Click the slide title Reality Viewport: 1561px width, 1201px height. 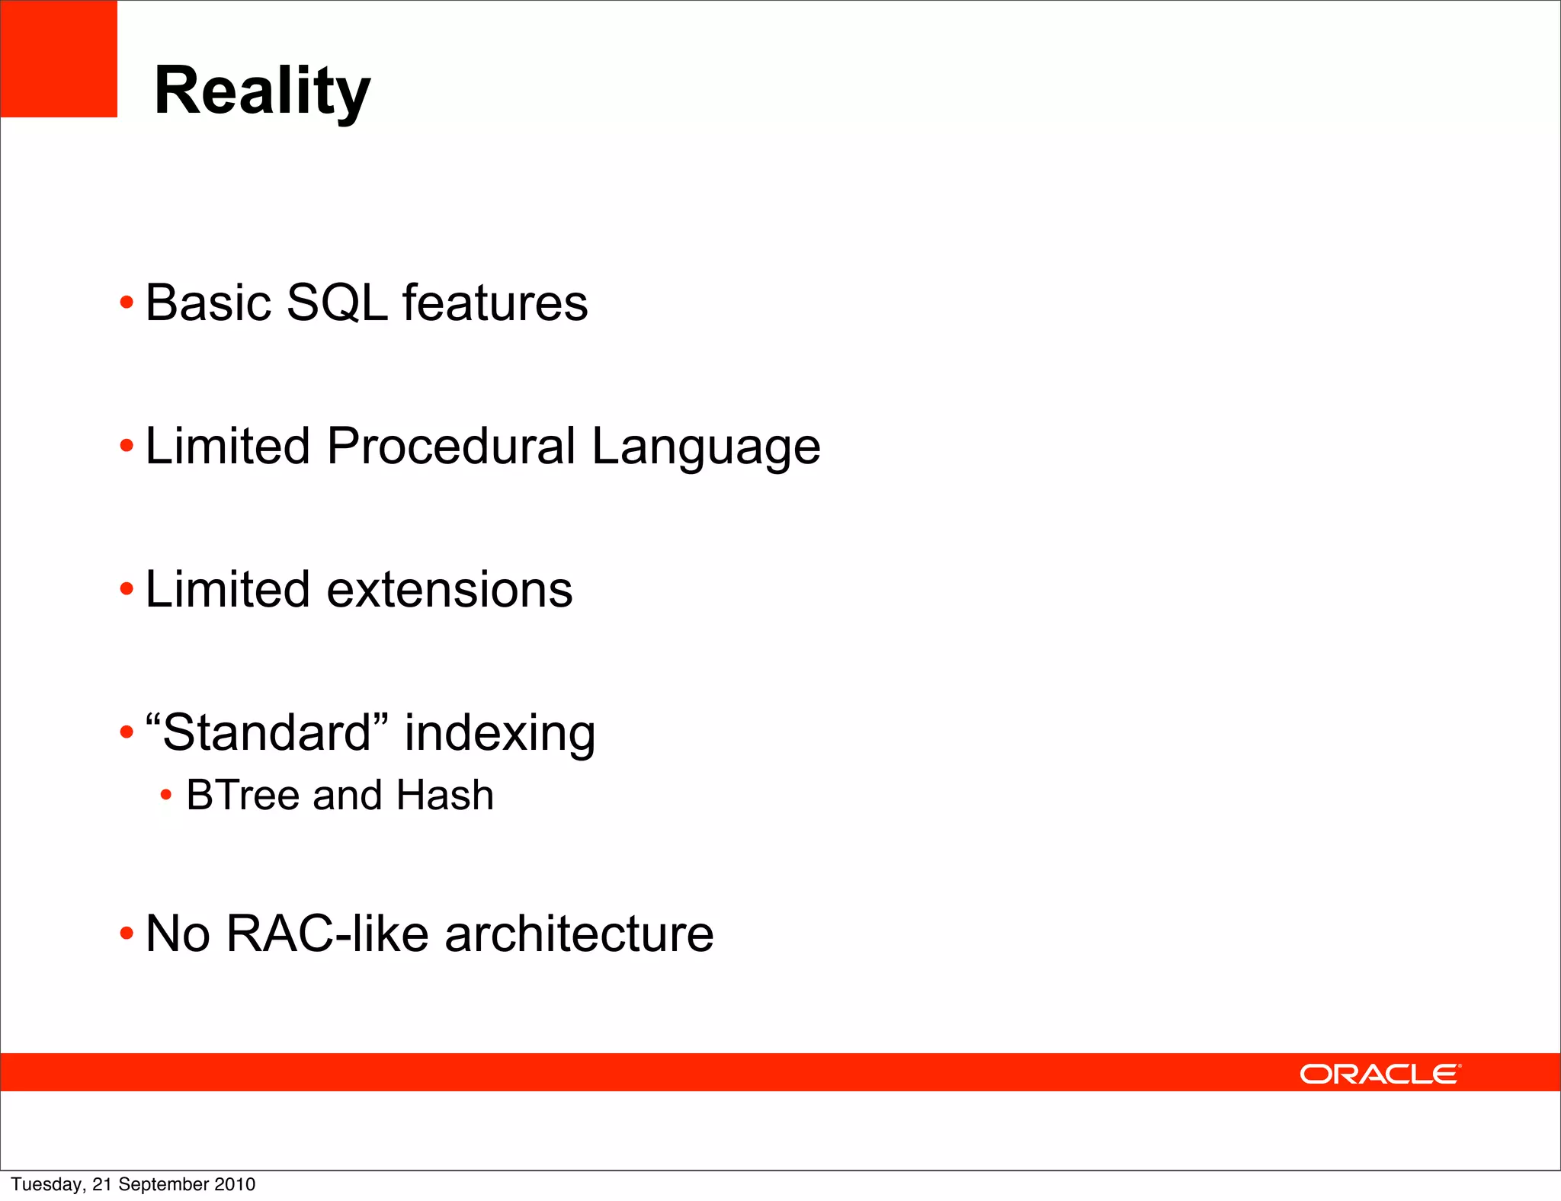pos(262,91)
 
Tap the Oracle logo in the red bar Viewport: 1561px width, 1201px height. pos(1380,1074)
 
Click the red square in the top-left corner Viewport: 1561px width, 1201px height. pos(59,59)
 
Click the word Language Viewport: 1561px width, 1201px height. pos(706,447)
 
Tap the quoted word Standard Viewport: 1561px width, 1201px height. pos(267,732)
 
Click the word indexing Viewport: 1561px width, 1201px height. pos(500,734)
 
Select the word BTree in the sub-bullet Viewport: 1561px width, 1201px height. pos(243,795)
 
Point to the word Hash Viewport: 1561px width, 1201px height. pos(445,795)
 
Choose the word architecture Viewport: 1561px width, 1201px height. pos(579,934)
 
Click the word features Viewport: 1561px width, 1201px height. pos(495,303)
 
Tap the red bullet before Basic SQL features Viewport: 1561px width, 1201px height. pos(127,304)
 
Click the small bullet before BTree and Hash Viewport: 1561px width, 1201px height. pos(166,796)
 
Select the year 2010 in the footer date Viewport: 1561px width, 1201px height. pos(235,1184)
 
